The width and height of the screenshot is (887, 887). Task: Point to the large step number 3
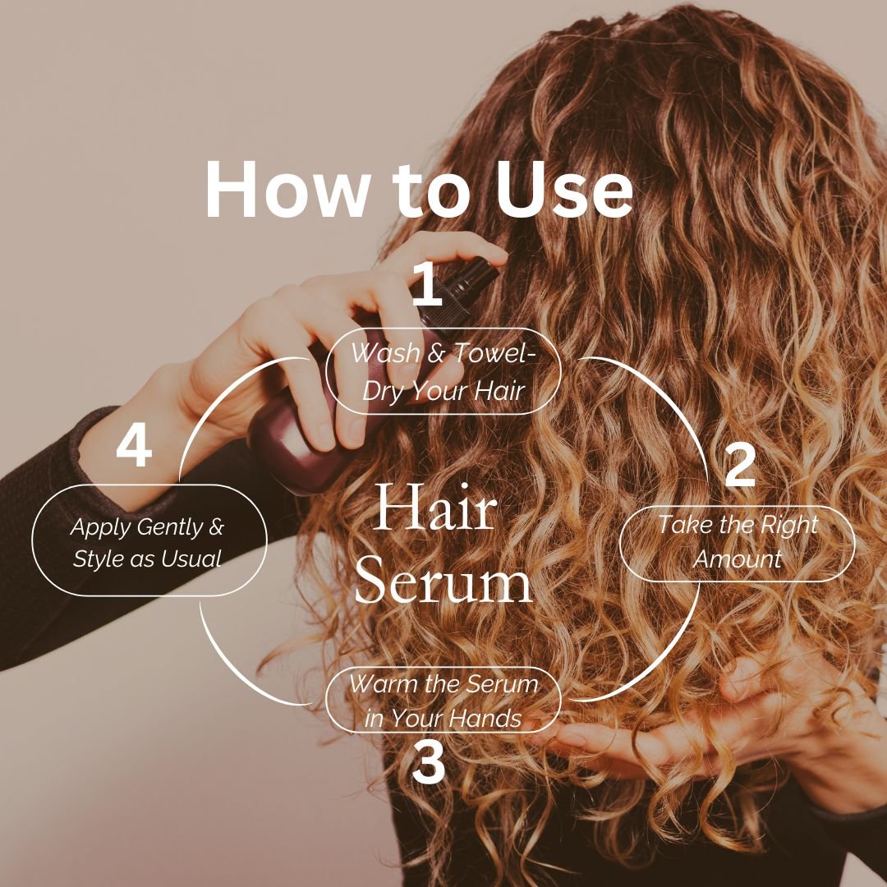[x=428, y=763]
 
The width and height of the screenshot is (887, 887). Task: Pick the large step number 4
[x=134, y=448]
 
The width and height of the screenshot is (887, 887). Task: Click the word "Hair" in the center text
[x=436, y=508]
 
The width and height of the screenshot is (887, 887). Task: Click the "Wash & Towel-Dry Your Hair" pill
[x=443, y=376]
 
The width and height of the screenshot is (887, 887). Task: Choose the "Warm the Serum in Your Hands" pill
[x=443, y=700]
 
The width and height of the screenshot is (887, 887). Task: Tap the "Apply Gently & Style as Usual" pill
[x=149, y=540]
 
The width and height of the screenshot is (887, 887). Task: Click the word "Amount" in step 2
[x=738, y=559]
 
